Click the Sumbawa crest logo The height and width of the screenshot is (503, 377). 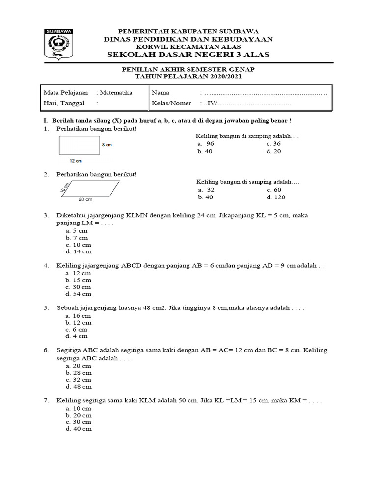pyautogui.click(x=59, y=45)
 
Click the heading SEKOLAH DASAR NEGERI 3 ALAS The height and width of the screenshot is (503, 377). pyautogui.click(x=188, y=55)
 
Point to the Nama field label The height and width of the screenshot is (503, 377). pyautogui.click(x=161, y=92)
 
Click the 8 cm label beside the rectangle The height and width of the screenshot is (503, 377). pyautogui.click(x=107, y=145)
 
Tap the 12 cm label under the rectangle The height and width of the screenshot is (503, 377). pyautogui.click(x=76, y=161)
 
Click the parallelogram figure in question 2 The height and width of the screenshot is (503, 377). pyautogui.click(x=90, y=189)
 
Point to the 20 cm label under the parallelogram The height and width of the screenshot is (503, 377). pyautogui.click(x=85, y=200)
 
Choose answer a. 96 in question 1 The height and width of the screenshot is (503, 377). pyautogui.click(x=206, y=144)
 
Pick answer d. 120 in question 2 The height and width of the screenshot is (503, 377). pyautogui.click(x=276, y=197)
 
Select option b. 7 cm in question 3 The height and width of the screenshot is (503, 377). pyautogui.click(x=77, y=238)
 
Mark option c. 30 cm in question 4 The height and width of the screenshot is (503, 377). pyautogui.click(x=79, y=287)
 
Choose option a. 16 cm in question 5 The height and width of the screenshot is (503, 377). pyautogui.click(x=79, y=316)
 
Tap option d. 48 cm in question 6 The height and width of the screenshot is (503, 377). pyautogui.click(x=79, y=387)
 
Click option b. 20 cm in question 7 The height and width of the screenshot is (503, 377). pyautogui.click(x=79, y=415)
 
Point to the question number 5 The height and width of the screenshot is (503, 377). pyautogui.click(x=46, y=308)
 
